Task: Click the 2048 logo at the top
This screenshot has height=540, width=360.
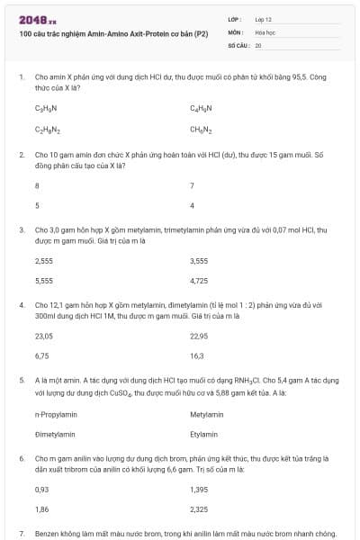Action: pos(37,19)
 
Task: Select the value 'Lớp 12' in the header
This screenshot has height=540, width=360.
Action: pos(264,19)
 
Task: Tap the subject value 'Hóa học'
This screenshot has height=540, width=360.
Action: pos(265,31)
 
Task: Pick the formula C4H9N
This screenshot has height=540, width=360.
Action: pos(201,108)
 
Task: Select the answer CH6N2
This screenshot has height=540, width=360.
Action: pos(201,130)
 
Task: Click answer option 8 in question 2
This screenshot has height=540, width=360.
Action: pos(37,185)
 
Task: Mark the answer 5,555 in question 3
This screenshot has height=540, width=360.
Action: pos(43,281)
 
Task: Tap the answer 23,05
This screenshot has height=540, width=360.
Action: pos(43,336)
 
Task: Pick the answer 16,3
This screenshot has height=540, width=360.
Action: pos(197,355)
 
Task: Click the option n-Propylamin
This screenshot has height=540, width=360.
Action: pos(54,414)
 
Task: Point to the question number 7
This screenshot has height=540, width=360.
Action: pos(21,534)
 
